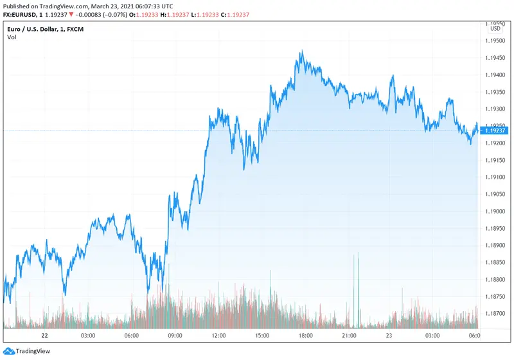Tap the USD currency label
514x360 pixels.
tap(495, 28)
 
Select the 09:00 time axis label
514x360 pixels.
tap(175, 336)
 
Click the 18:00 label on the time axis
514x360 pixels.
tap(305, 336)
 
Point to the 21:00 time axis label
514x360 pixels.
tap(349, 336)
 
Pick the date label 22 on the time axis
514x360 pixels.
tap(44, 336)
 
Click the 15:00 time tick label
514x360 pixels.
tap(261, 336)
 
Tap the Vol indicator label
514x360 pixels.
tap(12, 37)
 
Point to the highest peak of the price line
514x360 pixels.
tap(301, 52)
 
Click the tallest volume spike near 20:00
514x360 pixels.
tap(359, 254)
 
